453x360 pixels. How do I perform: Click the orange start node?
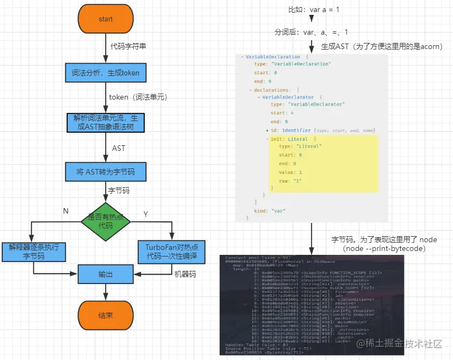(x=106, y=19)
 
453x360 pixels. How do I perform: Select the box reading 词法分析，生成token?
(x=105, y=72)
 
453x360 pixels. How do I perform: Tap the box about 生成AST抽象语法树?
(x=105, y=122)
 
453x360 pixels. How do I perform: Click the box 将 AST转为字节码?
(x=105, y=172)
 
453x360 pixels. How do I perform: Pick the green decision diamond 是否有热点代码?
(x=105, y=221)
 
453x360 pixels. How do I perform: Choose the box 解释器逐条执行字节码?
(x=34, y=252)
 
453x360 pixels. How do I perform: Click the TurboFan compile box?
(x=171, y=252)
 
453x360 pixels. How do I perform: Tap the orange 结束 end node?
(x=106, y=315)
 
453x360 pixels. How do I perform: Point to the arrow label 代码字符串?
(x=128, y=46)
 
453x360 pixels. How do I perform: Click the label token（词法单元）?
(x=138, y=97)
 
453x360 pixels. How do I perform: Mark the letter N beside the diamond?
(x=66, y=211)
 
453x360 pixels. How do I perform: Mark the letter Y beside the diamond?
(x=145, y=213)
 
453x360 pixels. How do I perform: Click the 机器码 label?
(x=185, y=274)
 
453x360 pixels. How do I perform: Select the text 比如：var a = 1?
(x=311, y=9)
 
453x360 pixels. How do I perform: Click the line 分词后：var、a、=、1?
(x=312, y=32)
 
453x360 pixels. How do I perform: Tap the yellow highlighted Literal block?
(x=324, y=163)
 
